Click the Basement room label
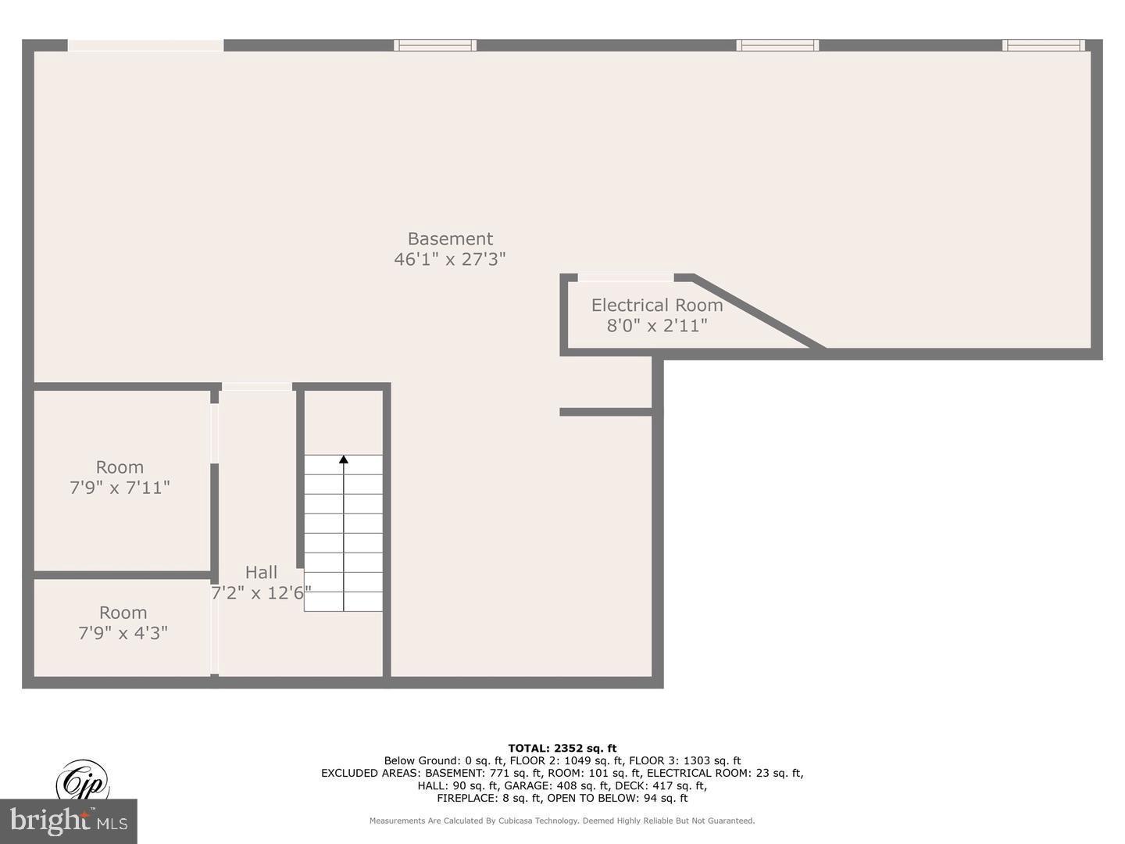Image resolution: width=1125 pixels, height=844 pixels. click(450, 239)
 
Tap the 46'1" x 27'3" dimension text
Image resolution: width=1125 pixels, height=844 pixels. click(450, 259)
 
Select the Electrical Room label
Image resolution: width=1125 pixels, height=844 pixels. click(656, 306)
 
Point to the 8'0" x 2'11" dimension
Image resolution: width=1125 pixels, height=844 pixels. click(656, 326)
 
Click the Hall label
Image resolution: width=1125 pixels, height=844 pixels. click(261, 572)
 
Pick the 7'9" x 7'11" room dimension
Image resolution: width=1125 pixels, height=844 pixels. click(120, 488)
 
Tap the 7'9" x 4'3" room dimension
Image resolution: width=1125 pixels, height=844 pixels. click(123, 633)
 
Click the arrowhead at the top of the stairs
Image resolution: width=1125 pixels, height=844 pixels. click(343, 460)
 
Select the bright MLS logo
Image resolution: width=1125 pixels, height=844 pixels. click(69, 821)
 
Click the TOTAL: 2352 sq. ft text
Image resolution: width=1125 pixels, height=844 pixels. click(562, 748)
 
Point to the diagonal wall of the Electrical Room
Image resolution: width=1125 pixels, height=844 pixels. click(758, 313)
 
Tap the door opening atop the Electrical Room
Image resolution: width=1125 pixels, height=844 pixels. click(625, 277)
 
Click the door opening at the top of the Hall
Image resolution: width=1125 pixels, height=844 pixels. click(257, 386)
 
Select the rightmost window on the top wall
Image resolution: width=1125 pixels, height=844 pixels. click(1044, 45)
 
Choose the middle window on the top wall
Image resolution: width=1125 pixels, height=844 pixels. click(777, 45)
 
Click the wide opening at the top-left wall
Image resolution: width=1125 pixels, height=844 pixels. click(145, 45)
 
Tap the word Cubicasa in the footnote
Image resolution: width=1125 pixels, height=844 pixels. click(524, 821)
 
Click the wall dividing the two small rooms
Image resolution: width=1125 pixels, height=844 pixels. click(122, 575)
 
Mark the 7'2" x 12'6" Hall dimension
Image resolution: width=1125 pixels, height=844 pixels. click(261, 593)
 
